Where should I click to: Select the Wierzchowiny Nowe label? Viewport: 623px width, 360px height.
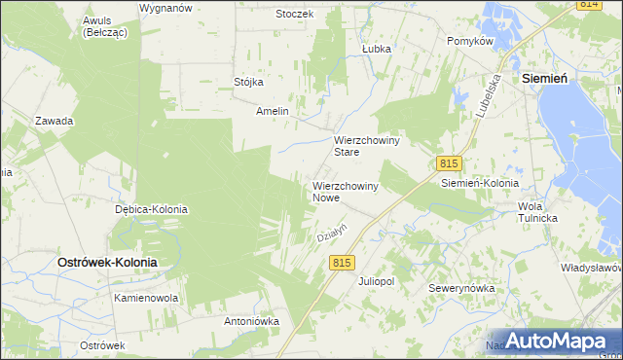click(345, 191)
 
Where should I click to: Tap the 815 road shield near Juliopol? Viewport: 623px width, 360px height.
click(341, 263)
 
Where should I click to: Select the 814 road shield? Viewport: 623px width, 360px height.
click(587, 5)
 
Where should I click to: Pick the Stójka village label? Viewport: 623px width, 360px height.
click(249, 82)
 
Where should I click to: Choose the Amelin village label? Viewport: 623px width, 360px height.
click(273, 111)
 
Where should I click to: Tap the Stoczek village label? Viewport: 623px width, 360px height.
click(294, 14)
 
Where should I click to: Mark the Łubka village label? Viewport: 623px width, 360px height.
click(376, 48)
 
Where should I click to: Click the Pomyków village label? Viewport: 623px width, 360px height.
click(471, 41)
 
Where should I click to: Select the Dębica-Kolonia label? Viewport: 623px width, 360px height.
click(151, 209)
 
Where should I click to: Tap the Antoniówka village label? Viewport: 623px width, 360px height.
click(252, 320)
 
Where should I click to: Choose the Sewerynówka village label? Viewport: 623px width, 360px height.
click(462, 288)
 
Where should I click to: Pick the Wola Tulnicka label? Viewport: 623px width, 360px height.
click(537, 212)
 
